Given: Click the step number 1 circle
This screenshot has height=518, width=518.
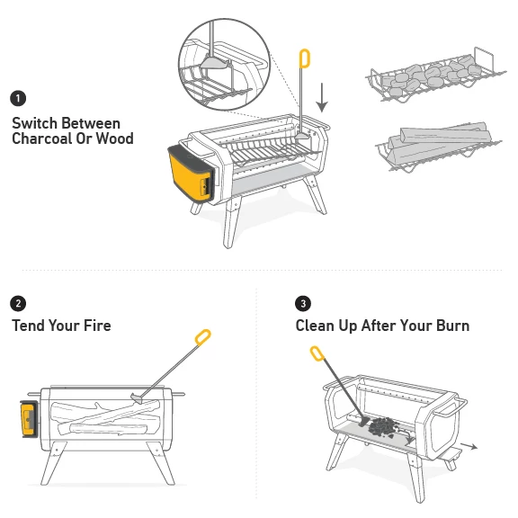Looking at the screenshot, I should [18, 98].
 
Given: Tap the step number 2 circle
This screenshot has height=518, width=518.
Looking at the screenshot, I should [18, 303].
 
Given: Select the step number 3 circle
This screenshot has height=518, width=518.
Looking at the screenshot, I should [303, 303].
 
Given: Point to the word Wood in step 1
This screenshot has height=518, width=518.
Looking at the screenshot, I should [115, 138].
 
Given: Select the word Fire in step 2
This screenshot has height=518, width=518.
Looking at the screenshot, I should [95, 326].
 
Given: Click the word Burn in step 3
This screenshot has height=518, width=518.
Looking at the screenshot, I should [450, 326].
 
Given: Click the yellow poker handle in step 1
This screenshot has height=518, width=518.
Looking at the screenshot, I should [305, 58].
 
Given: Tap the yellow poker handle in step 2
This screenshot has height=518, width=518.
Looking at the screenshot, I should [203, 338].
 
